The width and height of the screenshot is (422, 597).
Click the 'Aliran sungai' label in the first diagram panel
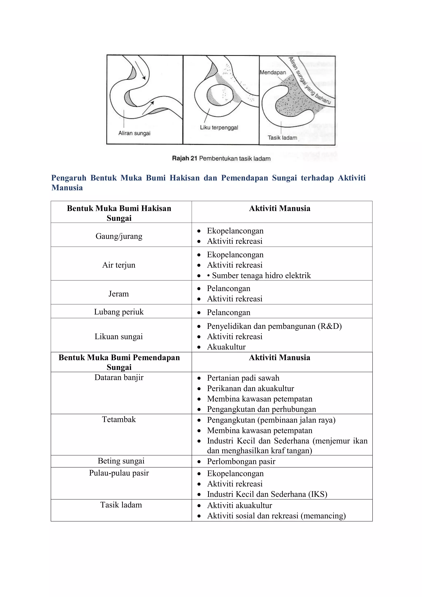pyautogui.click(x=134, y=133)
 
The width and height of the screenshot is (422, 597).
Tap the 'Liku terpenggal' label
pyautogui.click(x=219, y=127)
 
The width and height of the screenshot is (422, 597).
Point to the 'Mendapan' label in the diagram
pyautogui.click(x=273, y=73)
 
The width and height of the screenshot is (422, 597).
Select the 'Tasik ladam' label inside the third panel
pyautogui.click(x=282, y=138)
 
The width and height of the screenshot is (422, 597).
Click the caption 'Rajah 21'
pyautogui.click(x=185, y=158)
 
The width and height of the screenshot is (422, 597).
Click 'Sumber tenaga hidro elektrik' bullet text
pyautogui.click(x=261, y=275)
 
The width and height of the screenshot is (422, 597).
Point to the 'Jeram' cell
pyautogui.click(x=118, y=294)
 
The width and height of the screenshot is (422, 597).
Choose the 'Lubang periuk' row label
pyautogui.click(x=119, y=312)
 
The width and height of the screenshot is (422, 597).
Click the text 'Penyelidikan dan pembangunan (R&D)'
pyautogui.click(x=274, y=326)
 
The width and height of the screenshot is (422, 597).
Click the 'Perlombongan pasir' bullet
pyautogui.click(x=241, y=461)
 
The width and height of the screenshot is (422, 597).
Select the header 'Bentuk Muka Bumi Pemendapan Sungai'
pyautogui.click(x=119, y=362)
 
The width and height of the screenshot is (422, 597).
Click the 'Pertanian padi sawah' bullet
pyautogui.click(x=243, y=378)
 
